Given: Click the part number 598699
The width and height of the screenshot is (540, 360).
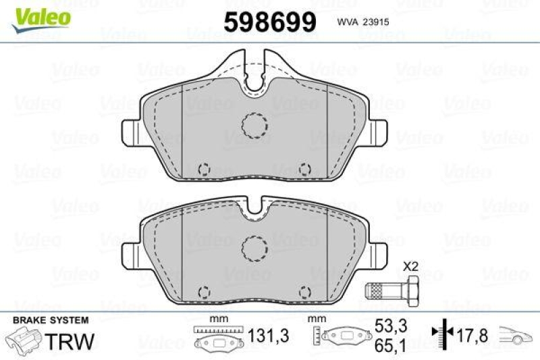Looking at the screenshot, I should click(269, 23).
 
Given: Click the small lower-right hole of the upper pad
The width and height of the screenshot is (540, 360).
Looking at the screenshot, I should click(304, 168).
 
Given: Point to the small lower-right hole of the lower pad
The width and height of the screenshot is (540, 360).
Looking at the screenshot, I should click(304, 291).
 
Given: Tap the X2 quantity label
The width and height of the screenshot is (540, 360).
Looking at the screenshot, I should click(410, 266).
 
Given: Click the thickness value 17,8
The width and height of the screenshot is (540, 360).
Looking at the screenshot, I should click(470, 333).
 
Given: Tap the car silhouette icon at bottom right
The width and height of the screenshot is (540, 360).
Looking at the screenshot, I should click(516, 333).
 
